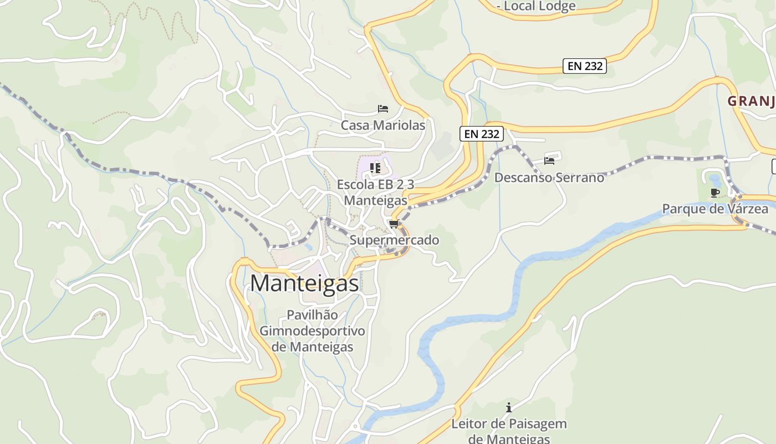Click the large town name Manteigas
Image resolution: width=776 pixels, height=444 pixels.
coord(304,283)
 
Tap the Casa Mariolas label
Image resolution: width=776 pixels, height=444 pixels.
coord(383,125)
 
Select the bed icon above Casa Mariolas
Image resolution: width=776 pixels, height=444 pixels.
coord(382,109)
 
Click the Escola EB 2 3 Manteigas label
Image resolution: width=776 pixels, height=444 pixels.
coord(376,192)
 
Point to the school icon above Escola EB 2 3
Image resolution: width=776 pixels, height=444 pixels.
coord(375,167)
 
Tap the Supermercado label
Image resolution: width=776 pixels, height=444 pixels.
coord(394,240)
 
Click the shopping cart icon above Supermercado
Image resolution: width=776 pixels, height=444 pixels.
coord(394,224)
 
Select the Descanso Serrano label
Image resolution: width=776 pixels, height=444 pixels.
coord(549,178)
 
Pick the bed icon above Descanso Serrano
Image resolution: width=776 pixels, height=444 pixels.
coord(549,161)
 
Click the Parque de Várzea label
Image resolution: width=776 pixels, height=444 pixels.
coord(715,209)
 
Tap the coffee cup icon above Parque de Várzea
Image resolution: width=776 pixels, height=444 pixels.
coord(715,193)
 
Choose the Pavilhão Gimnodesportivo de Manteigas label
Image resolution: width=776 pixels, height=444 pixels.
coord(313,331)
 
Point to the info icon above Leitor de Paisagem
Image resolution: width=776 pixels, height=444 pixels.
coord(509,408)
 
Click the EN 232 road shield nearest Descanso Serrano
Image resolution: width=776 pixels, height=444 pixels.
coord(481,134)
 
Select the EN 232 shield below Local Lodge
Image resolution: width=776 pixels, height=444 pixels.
coord(585,66)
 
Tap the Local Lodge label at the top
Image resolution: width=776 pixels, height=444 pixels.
coord(537,6)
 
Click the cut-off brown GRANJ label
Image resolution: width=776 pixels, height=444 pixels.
coord(751,101)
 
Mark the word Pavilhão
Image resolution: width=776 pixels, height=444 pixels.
coord(312,315)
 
